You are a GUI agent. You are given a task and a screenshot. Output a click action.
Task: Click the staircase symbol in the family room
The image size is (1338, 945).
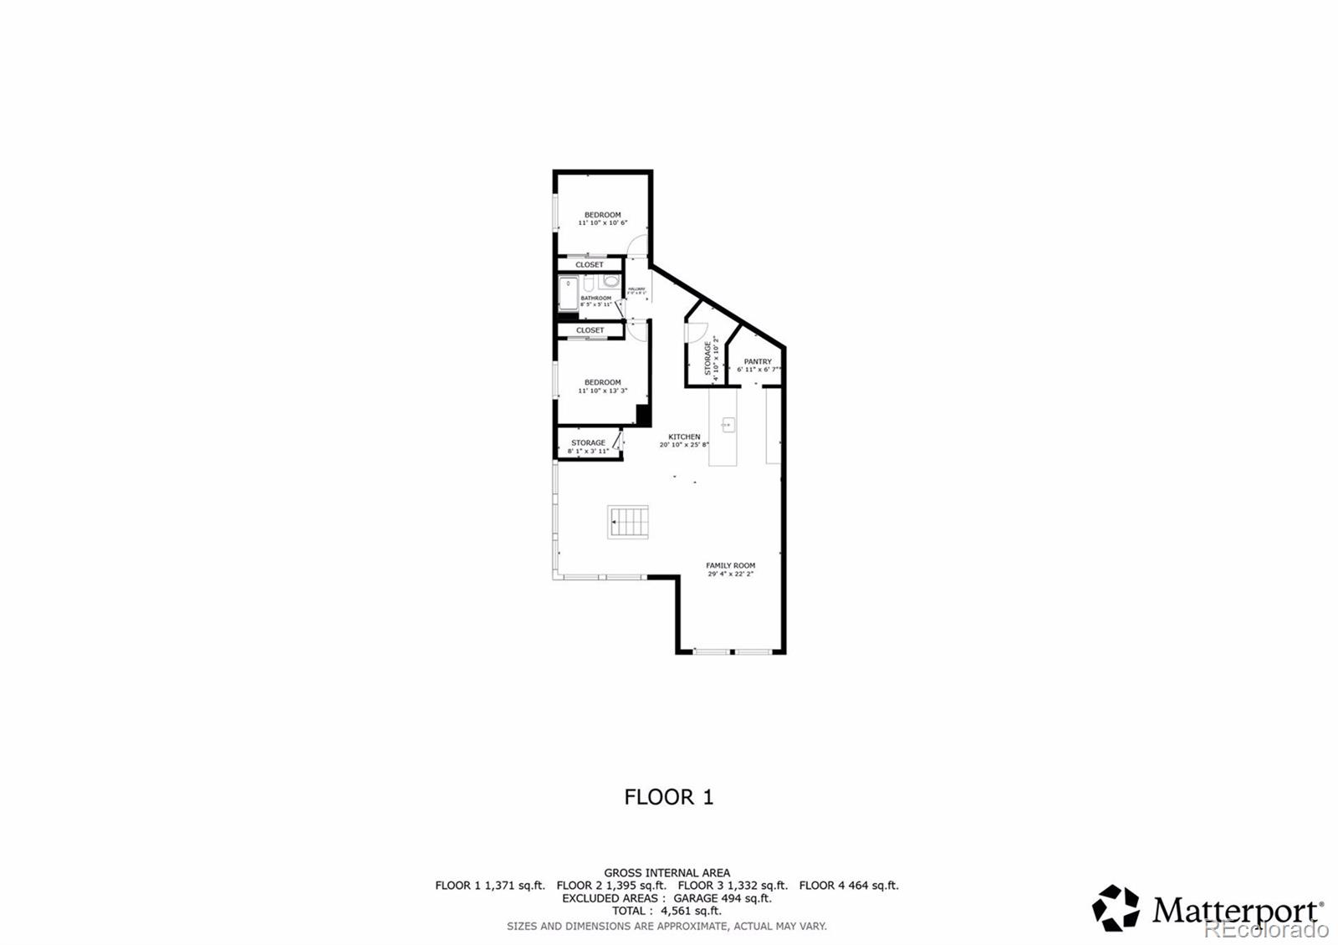[x=629, y=522]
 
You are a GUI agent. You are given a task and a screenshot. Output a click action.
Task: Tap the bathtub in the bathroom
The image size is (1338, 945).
[x=569, y=293]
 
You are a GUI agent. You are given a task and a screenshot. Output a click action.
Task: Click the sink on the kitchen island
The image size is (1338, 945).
[x=728, y=427]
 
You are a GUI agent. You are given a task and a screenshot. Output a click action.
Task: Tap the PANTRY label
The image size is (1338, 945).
[x=758, y=361]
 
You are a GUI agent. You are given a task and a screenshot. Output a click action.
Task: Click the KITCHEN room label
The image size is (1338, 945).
[x=684, y=437]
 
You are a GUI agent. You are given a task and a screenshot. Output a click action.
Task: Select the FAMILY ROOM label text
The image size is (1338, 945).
[x=730, y=565]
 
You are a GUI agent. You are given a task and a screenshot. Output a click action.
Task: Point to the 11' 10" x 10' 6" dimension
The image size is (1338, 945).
[x=602, y=223]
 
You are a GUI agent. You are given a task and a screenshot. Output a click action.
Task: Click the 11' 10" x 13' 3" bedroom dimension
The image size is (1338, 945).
[x=602, y=391]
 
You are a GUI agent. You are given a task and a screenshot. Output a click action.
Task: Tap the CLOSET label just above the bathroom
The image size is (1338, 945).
[x=590, y=264]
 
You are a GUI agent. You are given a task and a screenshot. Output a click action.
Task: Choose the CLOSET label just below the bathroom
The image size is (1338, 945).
[x=590, y=330]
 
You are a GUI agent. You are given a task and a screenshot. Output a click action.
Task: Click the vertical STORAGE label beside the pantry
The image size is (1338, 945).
[x=707, y=357]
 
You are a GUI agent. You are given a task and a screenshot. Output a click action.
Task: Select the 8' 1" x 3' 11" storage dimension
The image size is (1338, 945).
[x=588, y=452]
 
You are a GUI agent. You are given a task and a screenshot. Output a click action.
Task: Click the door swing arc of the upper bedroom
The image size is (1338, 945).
[x=637, y=245]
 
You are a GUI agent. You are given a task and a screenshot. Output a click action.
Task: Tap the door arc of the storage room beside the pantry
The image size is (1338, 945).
[x=692, y=331]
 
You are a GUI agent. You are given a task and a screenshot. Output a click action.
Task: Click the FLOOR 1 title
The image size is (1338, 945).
[x=669, y=797]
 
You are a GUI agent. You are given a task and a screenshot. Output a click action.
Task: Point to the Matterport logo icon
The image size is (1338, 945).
[x=1116, y=908]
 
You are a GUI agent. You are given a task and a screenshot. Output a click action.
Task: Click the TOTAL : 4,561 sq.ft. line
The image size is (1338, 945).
[x=666, y=911]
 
